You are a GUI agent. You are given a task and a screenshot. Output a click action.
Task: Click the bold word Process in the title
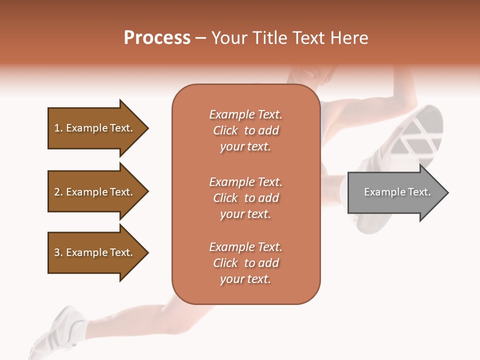tap(157, 38)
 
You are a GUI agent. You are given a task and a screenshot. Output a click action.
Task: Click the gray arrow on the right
tap(395, 192)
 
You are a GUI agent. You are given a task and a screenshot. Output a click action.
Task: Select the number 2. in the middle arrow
tap(58, 192)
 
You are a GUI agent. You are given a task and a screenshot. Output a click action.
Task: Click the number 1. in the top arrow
tap(58, 128)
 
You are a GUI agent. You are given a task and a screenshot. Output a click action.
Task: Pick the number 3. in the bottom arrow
tap(58, 252)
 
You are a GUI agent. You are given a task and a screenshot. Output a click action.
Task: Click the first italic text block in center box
tap(245, 130)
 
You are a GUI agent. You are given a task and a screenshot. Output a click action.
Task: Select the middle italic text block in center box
tap(245, 198)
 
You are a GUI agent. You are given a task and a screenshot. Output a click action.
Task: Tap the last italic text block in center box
tap(245, 263)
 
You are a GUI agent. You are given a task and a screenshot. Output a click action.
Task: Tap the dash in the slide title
tap(201, 38)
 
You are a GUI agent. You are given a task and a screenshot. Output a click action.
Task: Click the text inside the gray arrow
tap(397, 192)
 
